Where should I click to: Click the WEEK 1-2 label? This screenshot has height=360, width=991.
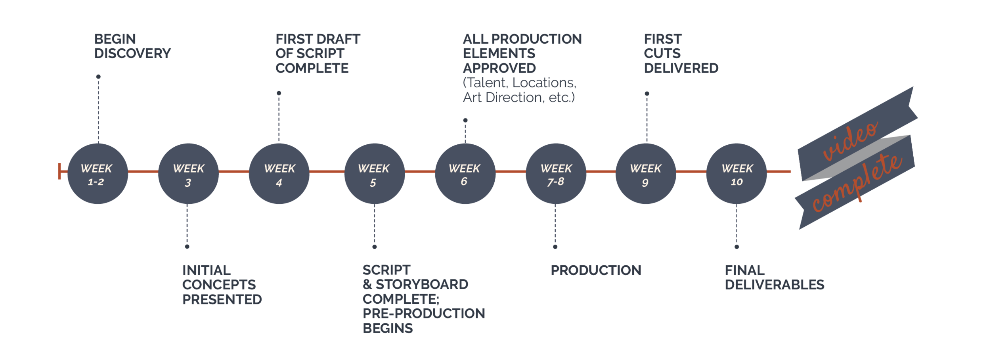pyautogui.click(x=96, y=175)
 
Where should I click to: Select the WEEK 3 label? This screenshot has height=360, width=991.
pyautogui.click(x=188, y=175)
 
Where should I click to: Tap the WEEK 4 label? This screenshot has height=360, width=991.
pyautogui.click(x=279, y=175)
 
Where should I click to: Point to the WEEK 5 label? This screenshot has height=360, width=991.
pyautogui.click(x=373, y=175)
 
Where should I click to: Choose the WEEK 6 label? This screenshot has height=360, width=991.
pyautogui.click(x=464, y=175)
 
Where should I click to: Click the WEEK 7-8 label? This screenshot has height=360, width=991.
pyautogui.click(x=556, y=175)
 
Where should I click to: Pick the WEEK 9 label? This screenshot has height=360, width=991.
pyautogui.click(x=645, y=175)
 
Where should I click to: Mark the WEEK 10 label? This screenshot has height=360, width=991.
pyautogui.click(x=737, y=175)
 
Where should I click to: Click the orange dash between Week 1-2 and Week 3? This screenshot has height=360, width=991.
pyautogui.click(x=143, y=171)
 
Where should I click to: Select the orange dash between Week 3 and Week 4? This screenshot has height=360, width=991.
pyautogui.click(x=233, y=171)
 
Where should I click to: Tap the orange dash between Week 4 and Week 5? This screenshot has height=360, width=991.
pyautogui.click(x=327, y=171)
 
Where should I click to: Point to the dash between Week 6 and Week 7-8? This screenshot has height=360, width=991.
pyautogui.click(x=511, y=171)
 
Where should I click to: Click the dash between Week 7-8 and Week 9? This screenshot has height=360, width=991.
pyautogui.click(x=601, y=171)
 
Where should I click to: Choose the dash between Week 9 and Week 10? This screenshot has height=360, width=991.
pyautogui.click(x=691, y=171)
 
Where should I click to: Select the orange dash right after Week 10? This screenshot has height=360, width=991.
pyautogui.click(x=782, y=171)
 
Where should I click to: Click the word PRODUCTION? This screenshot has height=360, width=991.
pyautogui.click(x=596, y=271)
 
